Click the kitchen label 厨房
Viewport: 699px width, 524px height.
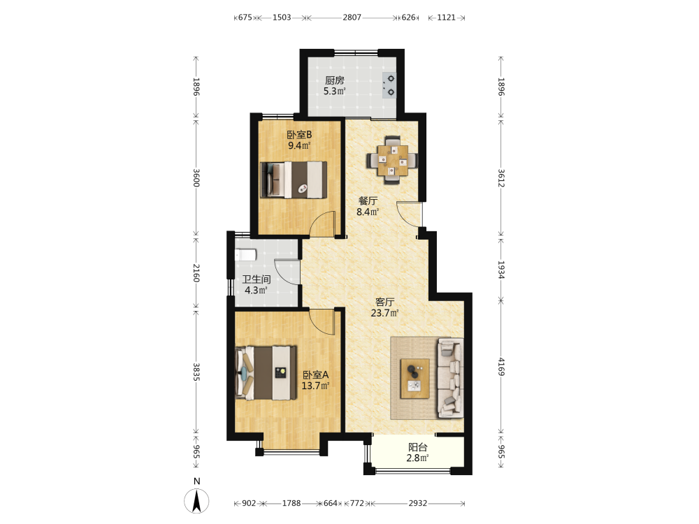[334, 80]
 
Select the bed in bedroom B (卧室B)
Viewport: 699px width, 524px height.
[294, 180]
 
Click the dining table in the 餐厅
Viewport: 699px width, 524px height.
[392, 159]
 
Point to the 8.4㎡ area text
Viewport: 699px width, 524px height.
[368, 212]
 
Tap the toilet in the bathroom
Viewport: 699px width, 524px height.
[245, 255]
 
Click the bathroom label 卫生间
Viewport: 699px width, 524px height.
[257, 279]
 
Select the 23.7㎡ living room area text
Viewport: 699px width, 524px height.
[384, 313]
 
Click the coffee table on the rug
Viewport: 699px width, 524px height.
[415, 378]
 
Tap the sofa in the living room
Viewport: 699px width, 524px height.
[450, 378]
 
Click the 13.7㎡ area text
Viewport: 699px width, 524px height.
[316, 386]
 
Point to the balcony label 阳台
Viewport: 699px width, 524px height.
[418, 447]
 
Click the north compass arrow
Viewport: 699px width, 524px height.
[196, 501]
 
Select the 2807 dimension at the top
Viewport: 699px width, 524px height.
[352, 17]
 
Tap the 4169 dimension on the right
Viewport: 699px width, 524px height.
[501, 366]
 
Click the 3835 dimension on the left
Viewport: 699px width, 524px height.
[196, 372]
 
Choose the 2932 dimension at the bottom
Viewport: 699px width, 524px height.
[418, 503]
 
